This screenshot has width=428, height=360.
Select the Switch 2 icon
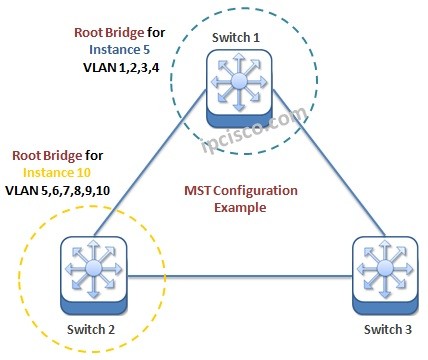92,272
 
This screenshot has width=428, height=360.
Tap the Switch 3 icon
382,272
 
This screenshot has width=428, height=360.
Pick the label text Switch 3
382,331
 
